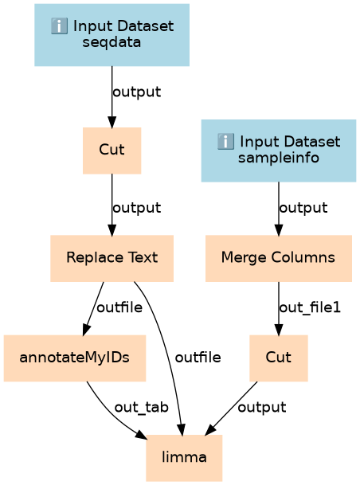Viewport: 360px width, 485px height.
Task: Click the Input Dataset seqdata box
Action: (112, 35)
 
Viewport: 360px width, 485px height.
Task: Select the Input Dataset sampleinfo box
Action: (278, 151)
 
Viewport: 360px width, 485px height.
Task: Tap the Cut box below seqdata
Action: (112, 151)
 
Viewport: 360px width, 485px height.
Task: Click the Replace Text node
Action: (112, 258)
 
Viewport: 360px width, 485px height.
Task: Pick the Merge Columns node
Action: (278, 258)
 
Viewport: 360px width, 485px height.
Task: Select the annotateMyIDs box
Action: (75, 358)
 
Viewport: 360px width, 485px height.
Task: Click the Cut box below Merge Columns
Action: (278, 358)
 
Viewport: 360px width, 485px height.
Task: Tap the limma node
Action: (184, 458)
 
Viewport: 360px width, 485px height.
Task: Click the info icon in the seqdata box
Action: (59, 26)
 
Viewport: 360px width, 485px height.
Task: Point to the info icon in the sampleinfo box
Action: (225, 142)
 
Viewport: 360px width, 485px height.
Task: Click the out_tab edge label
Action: (141, 408)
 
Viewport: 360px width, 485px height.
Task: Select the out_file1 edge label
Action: (310, 307)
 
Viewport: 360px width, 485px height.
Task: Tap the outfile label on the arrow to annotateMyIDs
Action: (119, 307)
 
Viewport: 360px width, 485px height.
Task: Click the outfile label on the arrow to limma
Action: (198, 358)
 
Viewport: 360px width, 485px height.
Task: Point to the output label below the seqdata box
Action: (136, 92)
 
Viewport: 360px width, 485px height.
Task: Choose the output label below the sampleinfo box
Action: (303, 208)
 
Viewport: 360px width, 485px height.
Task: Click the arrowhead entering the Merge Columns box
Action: (278, 230)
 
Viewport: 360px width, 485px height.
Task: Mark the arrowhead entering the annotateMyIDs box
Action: (86, 330)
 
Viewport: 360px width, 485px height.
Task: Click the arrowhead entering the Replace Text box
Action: (112, 230)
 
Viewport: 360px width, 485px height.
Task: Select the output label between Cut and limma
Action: (262, 408)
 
